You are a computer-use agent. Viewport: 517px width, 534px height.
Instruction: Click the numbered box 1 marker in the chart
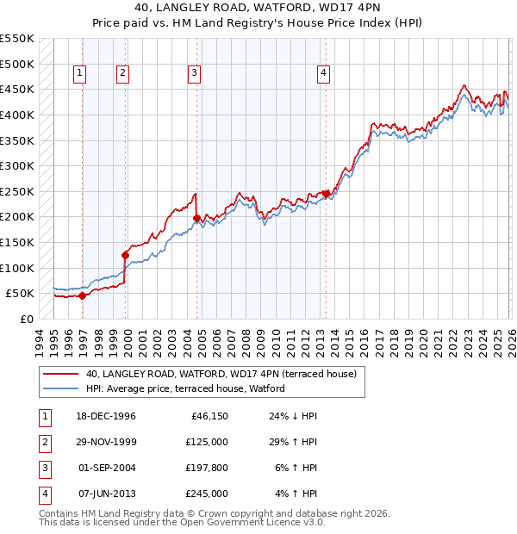tap(79, 74)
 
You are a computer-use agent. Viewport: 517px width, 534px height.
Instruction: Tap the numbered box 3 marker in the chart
tap(195, 74)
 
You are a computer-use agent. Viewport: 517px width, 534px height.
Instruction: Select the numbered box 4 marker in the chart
tap(323, 74)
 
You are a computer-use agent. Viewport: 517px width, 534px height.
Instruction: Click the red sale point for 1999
tap(126, 255)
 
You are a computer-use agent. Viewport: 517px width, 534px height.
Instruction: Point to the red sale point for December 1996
tap(83, 295)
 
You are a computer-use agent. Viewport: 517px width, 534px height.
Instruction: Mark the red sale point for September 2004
tap(196, 218)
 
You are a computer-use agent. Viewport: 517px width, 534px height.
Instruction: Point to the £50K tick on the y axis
tap(21, 293)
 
